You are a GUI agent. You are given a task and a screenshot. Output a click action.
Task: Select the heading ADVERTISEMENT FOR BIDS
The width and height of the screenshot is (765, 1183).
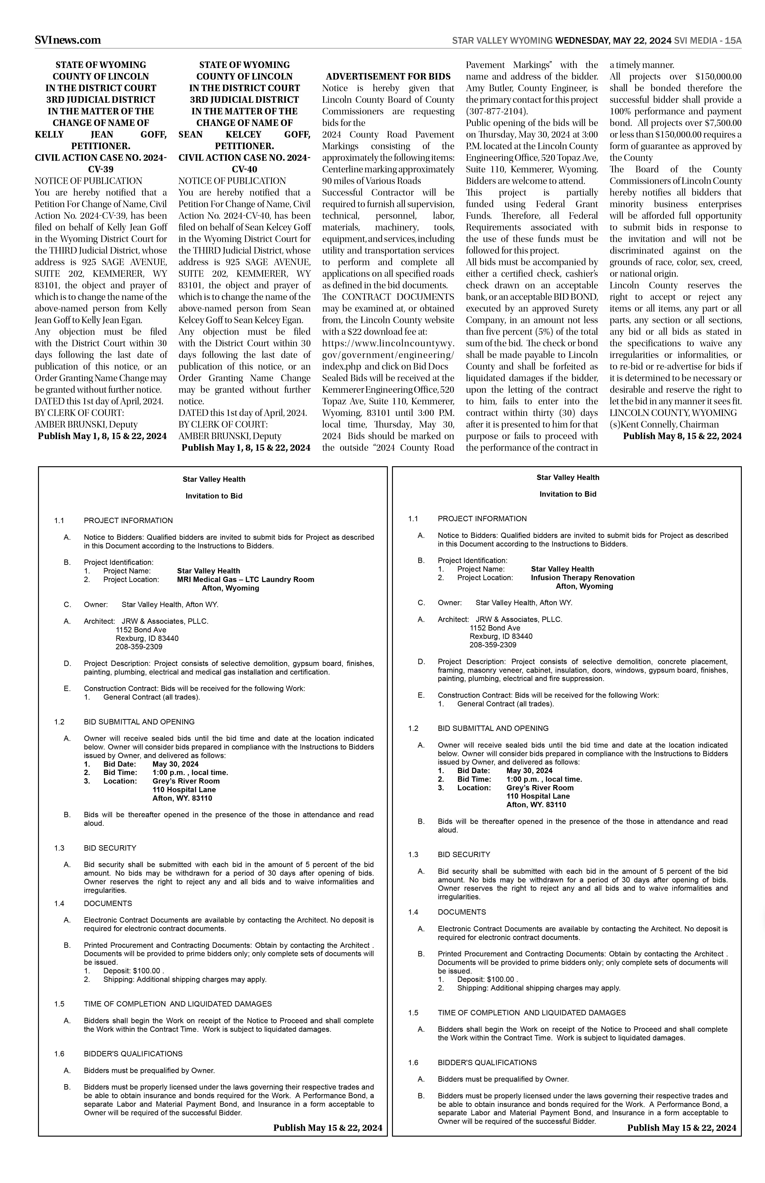pyautogui.click(x=388, y=77)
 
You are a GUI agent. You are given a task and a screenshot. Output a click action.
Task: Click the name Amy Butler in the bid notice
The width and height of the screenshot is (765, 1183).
pyautogui.click(x=482, y=88)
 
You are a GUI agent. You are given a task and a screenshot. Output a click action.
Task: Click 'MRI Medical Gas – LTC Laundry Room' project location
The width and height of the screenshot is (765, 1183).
pyautogui.click(x=245, y=580)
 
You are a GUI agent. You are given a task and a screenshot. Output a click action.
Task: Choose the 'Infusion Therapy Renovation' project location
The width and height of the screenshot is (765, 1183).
pyautogui.click(x=583, y=578)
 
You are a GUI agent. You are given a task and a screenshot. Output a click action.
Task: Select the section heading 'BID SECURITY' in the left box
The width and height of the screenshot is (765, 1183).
pyautogui.click(x=110, y=848)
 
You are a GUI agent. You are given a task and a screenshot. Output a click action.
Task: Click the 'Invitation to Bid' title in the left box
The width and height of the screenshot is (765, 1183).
pyautogui.click(x=214, y=496)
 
